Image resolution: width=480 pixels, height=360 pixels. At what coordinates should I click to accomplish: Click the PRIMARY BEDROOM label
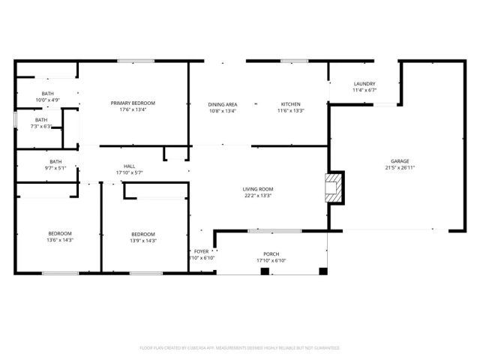point(133,103)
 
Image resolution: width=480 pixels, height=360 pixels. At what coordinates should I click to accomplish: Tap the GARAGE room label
point(399,161)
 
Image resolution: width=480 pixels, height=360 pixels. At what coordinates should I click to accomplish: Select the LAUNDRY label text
point(364,84)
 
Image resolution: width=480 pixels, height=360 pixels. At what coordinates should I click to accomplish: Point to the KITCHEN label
point(290,103)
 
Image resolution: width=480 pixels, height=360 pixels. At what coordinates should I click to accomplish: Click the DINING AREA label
point(222,103)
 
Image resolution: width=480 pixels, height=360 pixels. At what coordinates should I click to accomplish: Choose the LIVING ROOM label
point(257,189)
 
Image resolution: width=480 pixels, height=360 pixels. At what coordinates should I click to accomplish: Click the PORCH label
point(271,254)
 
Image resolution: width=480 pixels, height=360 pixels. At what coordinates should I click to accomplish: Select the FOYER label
point(201,251)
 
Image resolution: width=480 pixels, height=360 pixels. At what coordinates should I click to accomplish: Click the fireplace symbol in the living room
point(335,188)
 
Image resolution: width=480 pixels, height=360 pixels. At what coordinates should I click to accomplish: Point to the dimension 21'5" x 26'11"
point(399,168)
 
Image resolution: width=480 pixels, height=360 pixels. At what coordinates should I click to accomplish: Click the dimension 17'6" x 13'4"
point(133,109)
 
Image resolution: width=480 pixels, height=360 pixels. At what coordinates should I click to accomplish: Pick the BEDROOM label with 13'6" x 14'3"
point(59,233)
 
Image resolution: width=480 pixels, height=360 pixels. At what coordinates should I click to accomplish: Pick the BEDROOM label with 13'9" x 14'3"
point(142,233)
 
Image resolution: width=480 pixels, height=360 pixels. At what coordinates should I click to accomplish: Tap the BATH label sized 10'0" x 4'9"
point(47,93)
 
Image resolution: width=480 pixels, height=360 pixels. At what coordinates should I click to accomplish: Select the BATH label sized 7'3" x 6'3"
point(40,119)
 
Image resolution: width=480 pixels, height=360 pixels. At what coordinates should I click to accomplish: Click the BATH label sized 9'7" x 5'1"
point(55,161)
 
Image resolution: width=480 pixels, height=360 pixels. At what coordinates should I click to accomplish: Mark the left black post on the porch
point(264,270)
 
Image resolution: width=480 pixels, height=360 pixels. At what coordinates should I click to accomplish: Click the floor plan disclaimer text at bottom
point(239,348)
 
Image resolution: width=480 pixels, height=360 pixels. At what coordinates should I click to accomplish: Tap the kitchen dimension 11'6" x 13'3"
point(290,110)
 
